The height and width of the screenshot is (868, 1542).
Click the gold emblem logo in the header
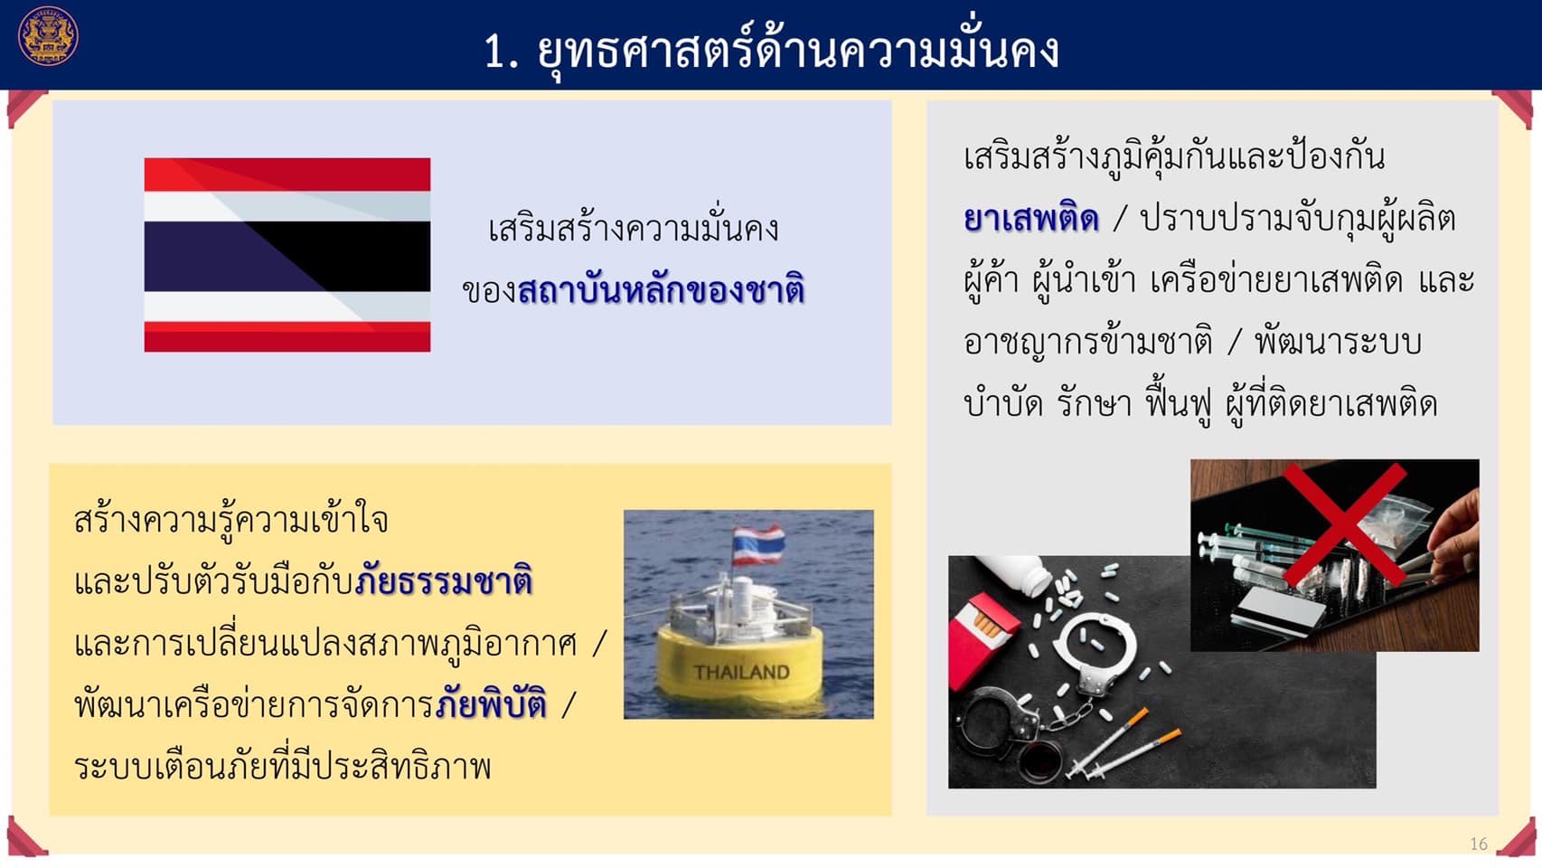tap(48, 36)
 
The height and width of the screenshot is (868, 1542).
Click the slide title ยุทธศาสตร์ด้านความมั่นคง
tap(798, 51)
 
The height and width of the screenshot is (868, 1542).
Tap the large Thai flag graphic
tap(287, 255)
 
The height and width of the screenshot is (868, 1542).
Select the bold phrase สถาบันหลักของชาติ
tap(661, 289)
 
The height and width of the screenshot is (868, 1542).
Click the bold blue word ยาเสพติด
tap(1030, 219)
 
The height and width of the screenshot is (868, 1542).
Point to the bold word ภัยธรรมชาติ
tap(444, 580)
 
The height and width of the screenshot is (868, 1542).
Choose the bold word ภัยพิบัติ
tap(492, 704)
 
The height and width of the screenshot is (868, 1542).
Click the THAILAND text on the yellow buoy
tap(741, 672)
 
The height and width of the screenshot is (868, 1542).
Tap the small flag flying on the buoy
tap(757, 545)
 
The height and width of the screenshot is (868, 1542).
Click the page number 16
tap(1479, 844)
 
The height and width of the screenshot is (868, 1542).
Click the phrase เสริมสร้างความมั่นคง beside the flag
tap(634, 229)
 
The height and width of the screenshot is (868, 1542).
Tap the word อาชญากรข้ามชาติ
tap(1087, 343)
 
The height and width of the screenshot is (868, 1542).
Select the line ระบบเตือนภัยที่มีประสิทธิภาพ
tap(283, 766)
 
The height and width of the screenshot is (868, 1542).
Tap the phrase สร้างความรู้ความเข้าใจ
tap(231, 520)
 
